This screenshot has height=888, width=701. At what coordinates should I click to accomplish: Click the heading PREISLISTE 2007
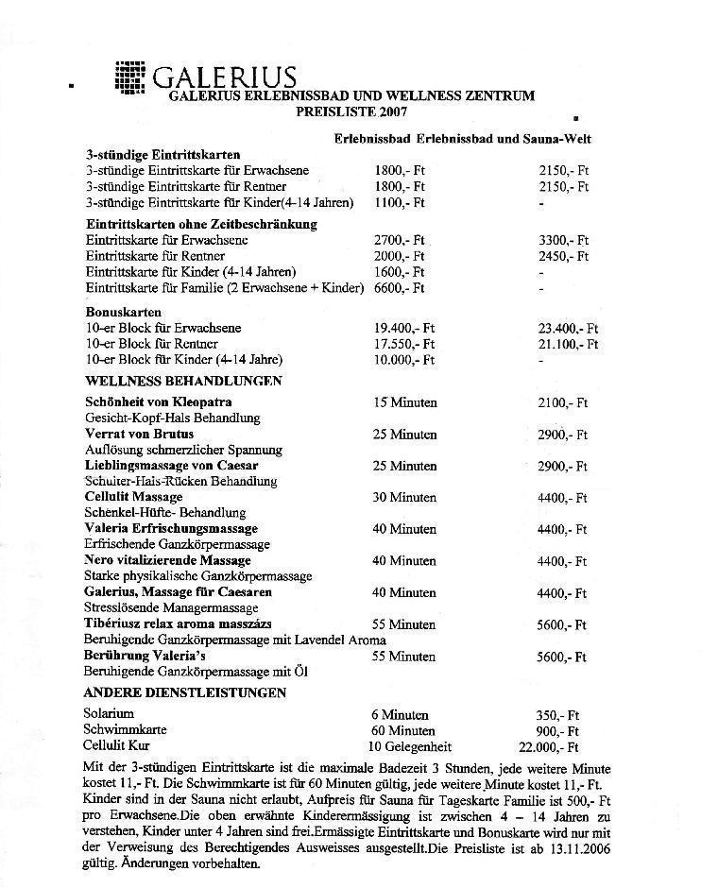point(351,111)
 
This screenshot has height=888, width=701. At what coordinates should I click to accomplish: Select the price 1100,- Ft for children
point(400,202)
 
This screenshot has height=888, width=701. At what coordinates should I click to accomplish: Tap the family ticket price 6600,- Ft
point(400,287)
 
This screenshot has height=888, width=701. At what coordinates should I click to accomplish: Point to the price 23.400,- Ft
point(568,328)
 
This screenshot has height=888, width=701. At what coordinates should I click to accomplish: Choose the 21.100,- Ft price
point(568,344)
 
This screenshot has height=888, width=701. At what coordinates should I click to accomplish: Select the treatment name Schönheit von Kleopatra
point(159,402)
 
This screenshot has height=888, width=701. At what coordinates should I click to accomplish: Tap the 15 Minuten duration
point(404,402)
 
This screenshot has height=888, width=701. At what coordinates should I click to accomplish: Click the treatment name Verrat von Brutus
point(140,434)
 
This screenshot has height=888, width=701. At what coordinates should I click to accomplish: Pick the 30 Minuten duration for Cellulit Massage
point(404,497)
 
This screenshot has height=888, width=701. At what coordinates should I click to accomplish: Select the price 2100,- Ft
point(563,402)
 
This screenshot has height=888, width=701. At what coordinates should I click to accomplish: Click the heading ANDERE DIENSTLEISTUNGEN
point(185,692)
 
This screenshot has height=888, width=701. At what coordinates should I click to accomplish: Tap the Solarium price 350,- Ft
point(558,714)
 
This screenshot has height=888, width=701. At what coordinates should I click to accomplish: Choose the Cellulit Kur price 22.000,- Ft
point(554,746)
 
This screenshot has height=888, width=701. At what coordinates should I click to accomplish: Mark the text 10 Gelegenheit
point(410,746)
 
